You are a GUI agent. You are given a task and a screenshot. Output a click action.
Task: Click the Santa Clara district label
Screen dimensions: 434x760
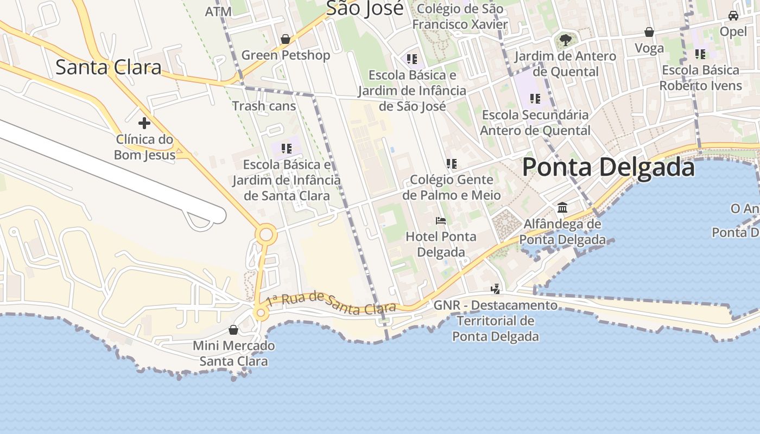pyautogui.click(x=109, y=67)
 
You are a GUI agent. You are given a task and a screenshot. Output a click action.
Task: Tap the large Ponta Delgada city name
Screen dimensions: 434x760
pyautogui.click(x=608, y=167)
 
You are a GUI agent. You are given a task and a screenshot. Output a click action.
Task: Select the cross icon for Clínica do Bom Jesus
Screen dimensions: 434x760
pyautogui.click(x=144, y=123)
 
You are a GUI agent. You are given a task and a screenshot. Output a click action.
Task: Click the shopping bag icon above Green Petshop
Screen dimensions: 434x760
pyautogui.click(x=286, y=39)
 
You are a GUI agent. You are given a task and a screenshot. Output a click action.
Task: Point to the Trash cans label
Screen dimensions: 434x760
pyautogui.click(x=264, y=106)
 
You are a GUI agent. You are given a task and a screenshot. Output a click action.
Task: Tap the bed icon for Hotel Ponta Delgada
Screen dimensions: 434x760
pyautogui.click(x=441, y=221)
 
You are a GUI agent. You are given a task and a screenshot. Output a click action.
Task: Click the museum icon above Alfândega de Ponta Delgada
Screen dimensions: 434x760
pyautogui.click(x=562, y=208)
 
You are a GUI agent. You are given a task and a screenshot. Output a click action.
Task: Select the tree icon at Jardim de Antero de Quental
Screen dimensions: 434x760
pyautogui.click(x=565, y=40)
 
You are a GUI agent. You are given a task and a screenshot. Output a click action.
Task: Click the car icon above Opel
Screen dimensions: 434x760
pyautogui.click(x=733, y=16)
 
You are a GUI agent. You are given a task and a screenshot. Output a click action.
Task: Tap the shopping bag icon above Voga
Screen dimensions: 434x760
pyautogui.click(x=649, y=32)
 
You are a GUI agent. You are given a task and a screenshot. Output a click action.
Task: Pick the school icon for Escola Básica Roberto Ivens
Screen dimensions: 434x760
pyautogui.click(x=700, y=54)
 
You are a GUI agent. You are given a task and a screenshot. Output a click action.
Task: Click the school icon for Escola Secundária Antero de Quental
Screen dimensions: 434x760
pyautogui.click(x=535, y=99)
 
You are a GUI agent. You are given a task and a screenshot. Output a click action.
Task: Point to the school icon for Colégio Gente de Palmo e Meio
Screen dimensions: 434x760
pyautogui.click(x=451, y=163)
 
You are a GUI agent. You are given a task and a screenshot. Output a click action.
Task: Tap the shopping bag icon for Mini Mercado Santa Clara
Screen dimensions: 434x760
pyautogui.click(x=233, y=330)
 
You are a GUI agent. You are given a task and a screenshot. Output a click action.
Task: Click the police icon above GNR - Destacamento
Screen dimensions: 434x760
pyautogui.click(x=495, y=289)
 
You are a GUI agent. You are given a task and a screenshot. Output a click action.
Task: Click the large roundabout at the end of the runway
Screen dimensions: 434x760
pyautogui.click(x=266, y=235)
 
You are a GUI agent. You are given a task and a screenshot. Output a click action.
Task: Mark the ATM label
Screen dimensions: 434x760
pyautogui.click(x=218, y=11)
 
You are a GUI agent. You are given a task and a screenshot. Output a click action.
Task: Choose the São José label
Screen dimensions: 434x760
pyautogui.click(x=365, y=9)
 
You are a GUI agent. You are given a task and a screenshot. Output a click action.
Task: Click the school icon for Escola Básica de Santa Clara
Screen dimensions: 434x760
pyautogui.click(x=287, y=148)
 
